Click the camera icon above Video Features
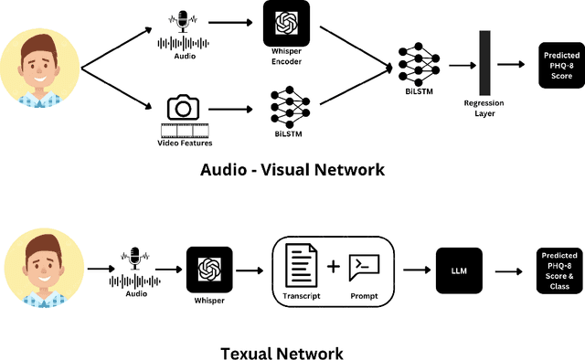point(183,108)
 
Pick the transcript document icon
point(303,267)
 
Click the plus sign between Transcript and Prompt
point(334,267)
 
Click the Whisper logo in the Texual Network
point(208,269)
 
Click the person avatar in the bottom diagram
point(39,268)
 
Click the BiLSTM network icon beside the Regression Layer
point(418,64)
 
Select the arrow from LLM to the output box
point(507,270)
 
